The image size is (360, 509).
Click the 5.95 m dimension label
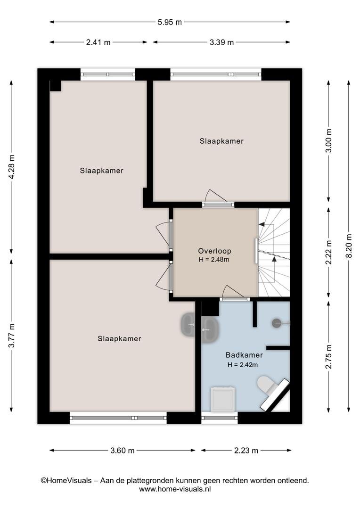(x=170, y=23)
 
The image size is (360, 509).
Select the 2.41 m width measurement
(x=98, y=42)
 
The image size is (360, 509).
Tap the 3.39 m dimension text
(x=222, y=42)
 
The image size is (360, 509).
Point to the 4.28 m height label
(x=12, y=167)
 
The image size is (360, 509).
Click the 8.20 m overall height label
(x=349, y=246)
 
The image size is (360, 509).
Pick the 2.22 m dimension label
(x=329, y=253)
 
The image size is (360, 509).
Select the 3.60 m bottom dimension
(x=123, y=451)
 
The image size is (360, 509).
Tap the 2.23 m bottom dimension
(x=246, y=451)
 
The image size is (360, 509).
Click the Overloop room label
(x=214, y=251)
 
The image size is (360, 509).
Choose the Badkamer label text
(x=244, y=355)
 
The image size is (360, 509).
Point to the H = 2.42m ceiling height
(x=243, y=365)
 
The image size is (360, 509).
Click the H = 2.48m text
(x=214, y=260)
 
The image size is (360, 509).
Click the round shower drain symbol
(x=276, y=323)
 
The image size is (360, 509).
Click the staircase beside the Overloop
(x=274, y=252)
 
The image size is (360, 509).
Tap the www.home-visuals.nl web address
(x=175, y=489)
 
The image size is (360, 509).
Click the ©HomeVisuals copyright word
(x=66, y=480)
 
